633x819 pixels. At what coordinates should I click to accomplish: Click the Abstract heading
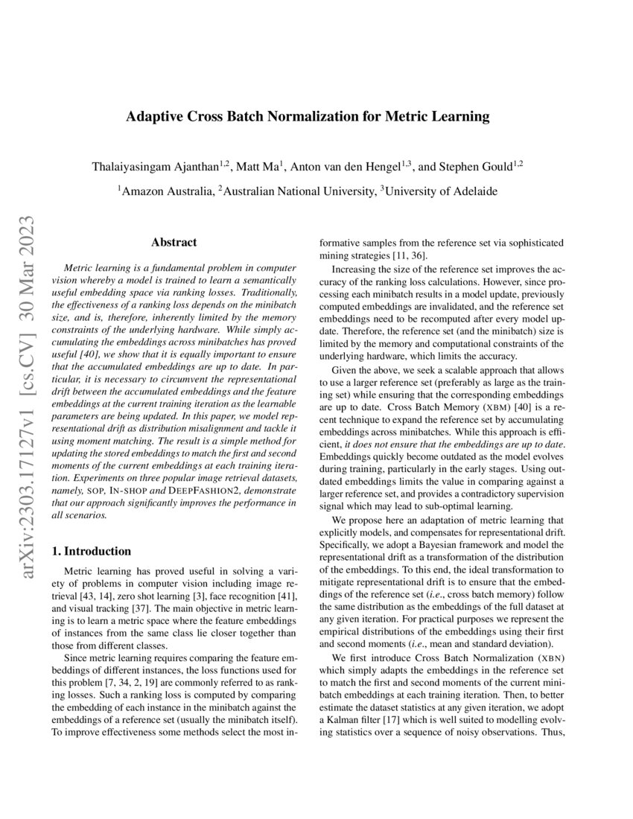174,242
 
